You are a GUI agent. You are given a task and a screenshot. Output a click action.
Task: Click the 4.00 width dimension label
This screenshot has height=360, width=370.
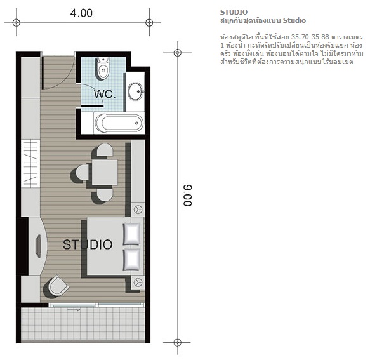[x=81, y=13]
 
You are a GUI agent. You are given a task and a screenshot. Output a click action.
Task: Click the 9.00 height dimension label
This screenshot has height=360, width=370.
[x=188, y=196]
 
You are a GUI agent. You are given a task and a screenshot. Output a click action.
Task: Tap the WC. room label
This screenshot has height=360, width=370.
[x=105, y=94]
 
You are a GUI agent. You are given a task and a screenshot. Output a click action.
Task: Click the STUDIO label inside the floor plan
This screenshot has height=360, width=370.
[x=88, y=244]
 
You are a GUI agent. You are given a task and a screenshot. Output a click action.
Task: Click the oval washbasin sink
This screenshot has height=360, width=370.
[x=135, y=91]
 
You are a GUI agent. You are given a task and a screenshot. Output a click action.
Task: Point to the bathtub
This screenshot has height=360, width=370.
[x=119, y=123]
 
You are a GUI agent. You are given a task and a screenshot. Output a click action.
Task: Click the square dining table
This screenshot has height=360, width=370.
[x=105, y=172]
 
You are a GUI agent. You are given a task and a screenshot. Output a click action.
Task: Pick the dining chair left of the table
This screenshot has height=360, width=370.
[x=83, y=173]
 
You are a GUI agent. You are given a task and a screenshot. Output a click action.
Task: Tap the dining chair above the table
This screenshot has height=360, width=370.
[x=105, y=149]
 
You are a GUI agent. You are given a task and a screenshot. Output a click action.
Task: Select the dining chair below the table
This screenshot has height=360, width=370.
[x=105, y=196]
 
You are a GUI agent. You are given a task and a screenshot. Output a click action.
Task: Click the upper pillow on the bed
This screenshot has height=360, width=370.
[x=131, y=234]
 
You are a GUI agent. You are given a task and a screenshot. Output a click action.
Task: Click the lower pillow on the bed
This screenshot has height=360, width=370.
[x=131, y=260]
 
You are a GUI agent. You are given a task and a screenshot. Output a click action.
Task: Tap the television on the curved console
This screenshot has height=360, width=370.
[x=38, y=246]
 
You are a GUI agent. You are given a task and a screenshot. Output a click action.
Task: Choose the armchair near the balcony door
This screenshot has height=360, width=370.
[x=58, y=286]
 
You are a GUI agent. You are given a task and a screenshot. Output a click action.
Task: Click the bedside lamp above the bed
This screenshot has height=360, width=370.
[x=138, y=210]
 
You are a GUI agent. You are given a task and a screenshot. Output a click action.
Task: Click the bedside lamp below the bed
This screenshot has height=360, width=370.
[x=138, y=282]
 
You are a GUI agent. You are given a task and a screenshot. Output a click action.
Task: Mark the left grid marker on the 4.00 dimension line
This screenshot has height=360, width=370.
[x=17, y=23]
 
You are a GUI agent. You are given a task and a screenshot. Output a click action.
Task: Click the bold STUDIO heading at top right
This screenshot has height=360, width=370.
[x=234, y=12]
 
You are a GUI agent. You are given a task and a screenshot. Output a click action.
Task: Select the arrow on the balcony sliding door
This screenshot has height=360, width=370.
[x=74, y=309]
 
